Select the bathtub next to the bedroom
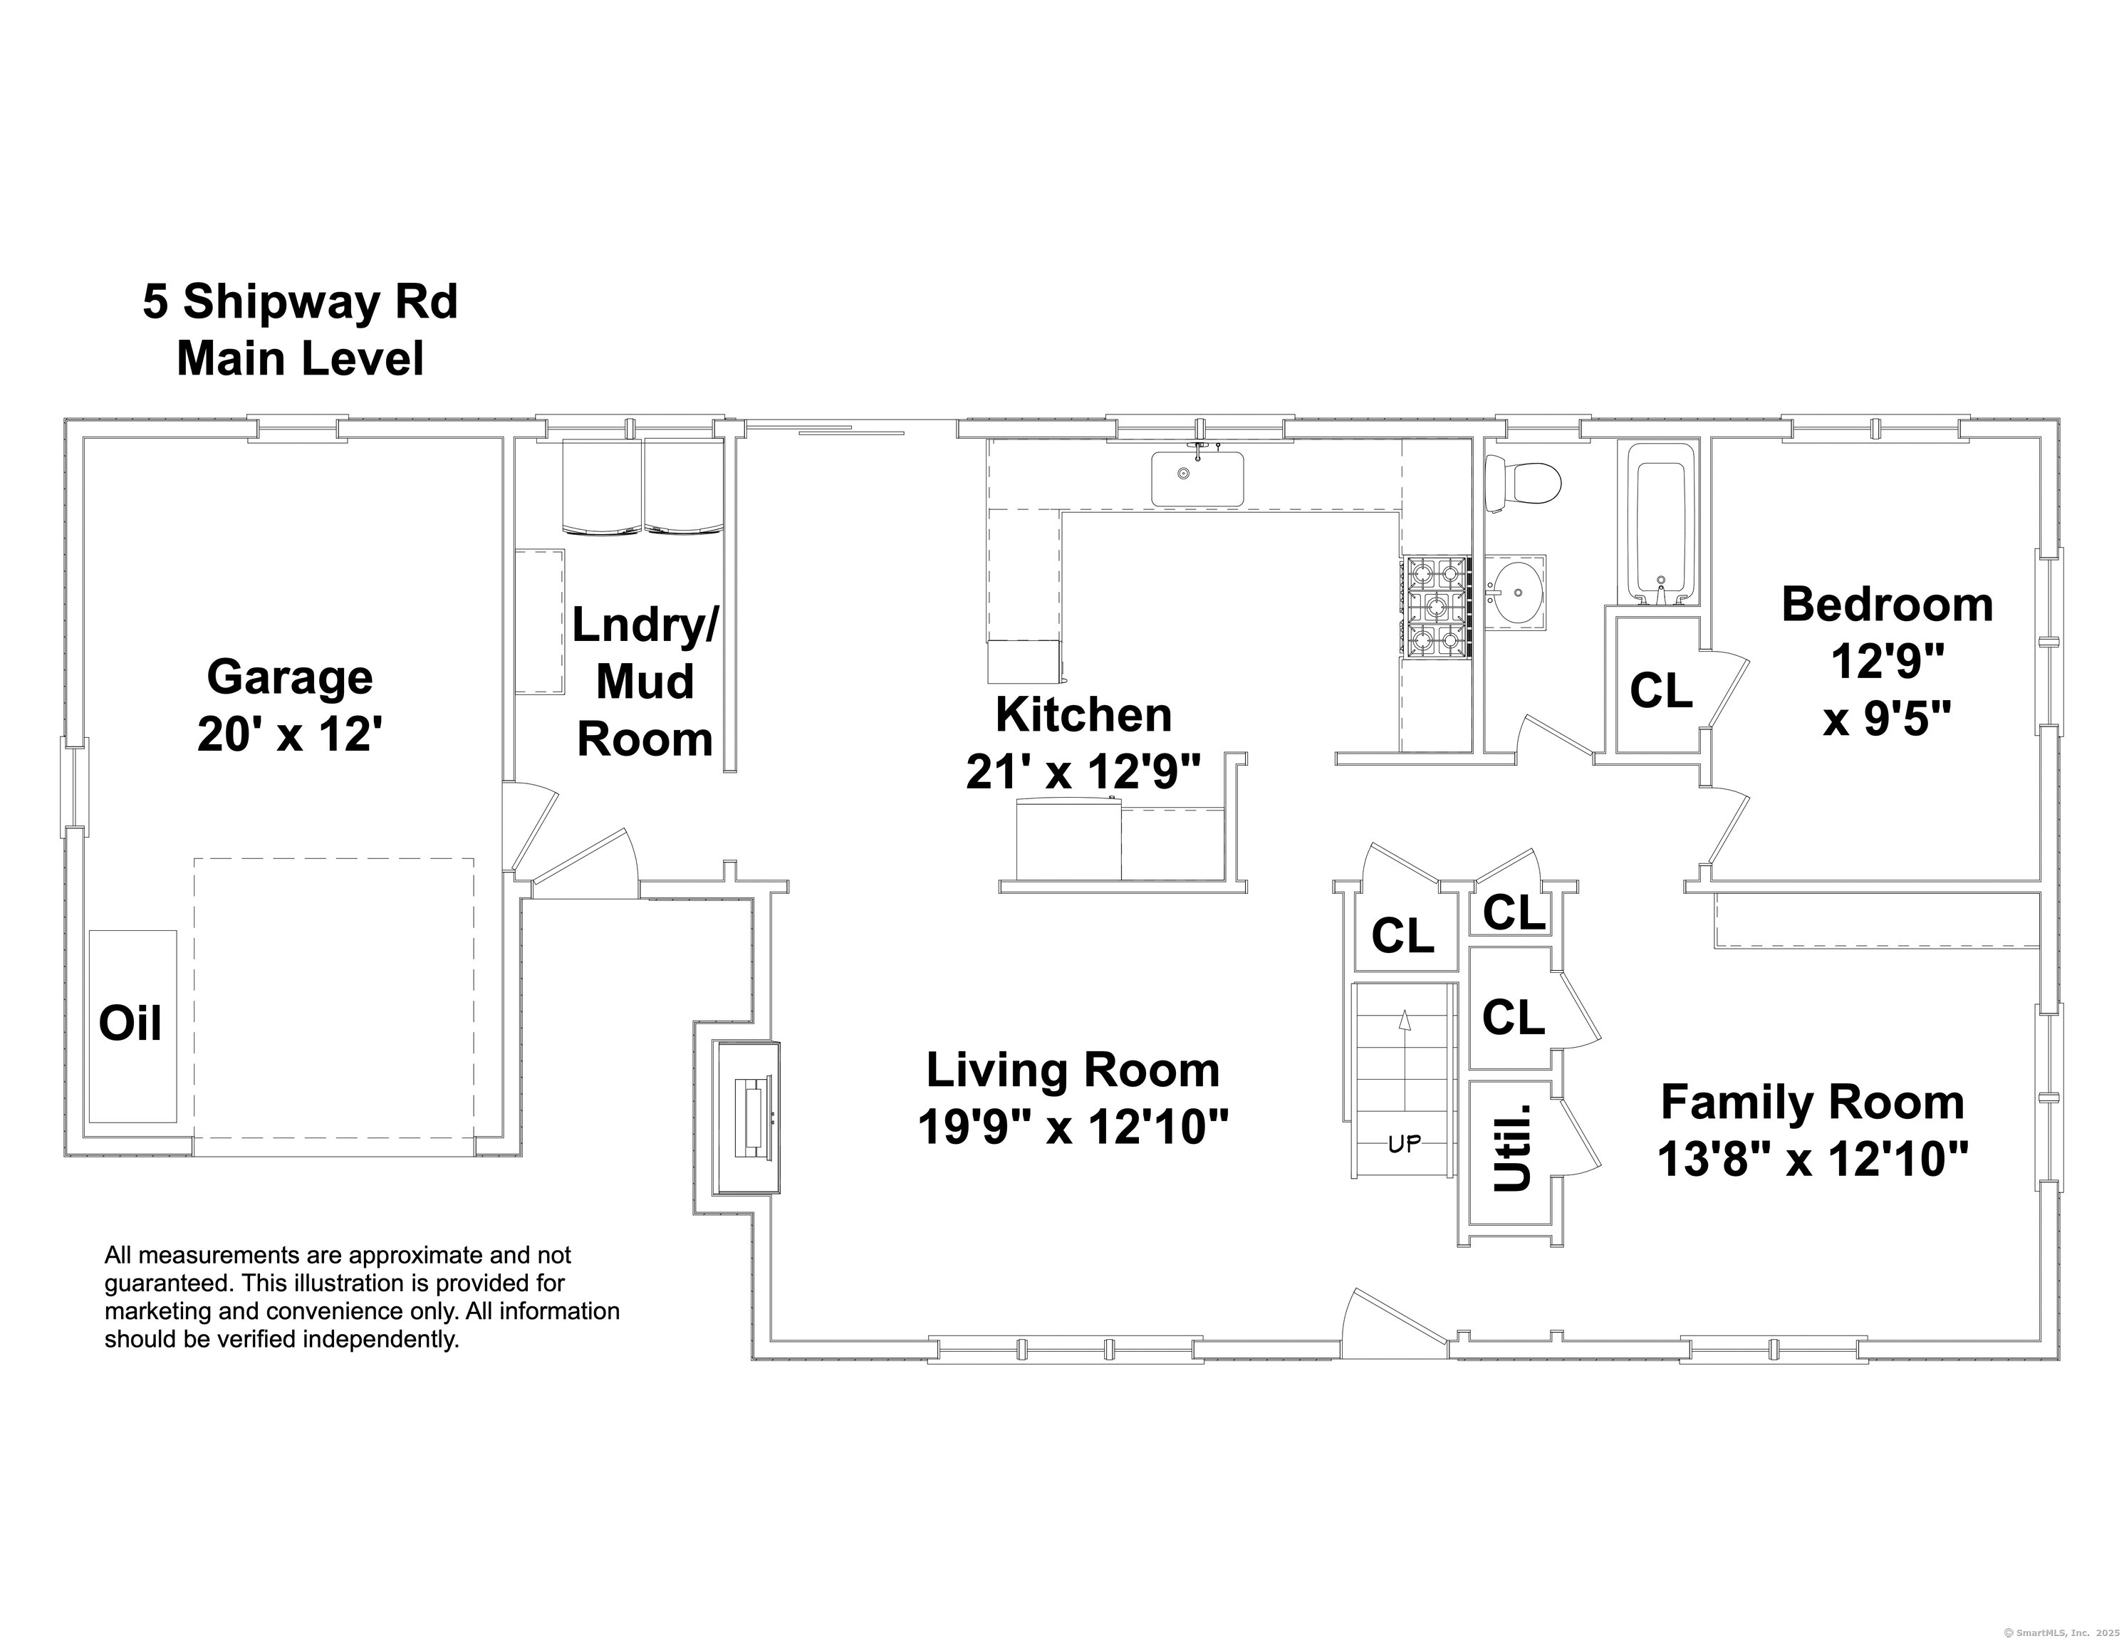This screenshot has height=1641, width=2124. point(1661,525)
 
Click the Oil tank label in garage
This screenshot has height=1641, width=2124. point(130,1023)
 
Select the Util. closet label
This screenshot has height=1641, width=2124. point(1512,1148)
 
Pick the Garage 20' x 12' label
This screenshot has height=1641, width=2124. point(289,705)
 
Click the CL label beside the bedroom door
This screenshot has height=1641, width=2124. point(1661,691)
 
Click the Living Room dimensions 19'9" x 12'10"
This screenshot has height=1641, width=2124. point(1073,1128)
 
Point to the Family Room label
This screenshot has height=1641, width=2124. point(1812,1102)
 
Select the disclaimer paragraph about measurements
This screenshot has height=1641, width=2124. point(362,1297)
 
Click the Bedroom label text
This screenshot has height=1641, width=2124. point(1887,604)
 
